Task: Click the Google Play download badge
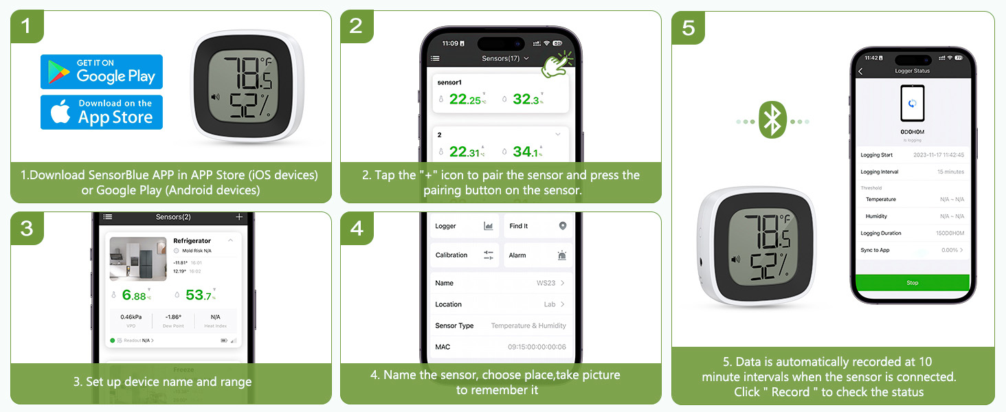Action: pos(102,71)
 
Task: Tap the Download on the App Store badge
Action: pos(102,112)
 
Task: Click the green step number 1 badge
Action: pos(27,27)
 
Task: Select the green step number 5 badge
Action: pos(688,27)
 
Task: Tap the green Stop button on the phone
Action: pos(912,283)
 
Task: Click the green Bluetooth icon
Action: pos(772,122)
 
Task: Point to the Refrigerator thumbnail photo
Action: pos(138,259)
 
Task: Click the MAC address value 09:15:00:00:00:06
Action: pos(537,347)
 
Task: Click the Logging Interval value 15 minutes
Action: pos(950,172)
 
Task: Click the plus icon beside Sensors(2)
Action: pos(239,217)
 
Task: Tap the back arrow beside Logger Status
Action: pos(860,71)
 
